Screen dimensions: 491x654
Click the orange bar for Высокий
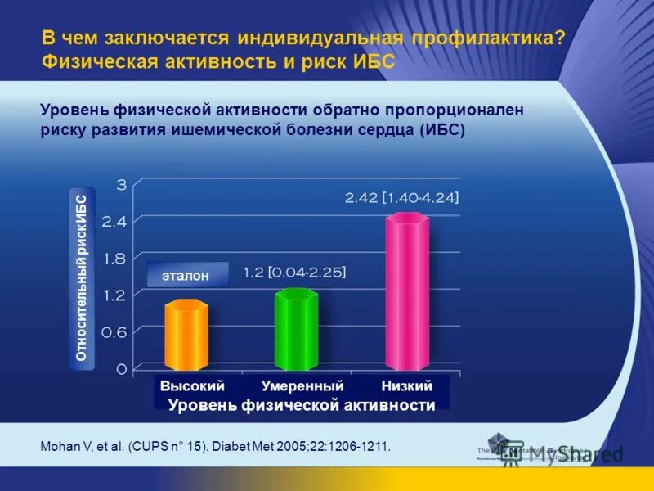[186, 336]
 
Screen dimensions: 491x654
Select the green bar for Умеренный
[296, 330]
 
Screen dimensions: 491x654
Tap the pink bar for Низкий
[406, 291]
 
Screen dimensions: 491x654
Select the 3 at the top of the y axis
[121, 184]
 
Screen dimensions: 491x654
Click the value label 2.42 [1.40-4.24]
[401, 197]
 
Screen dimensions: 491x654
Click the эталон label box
[185, 276]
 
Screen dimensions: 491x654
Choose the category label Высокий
[192, 386]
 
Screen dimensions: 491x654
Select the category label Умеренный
[302, 386]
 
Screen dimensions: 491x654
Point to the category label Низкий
[406, 386]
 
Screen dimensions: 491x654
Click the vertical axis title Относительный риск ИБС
[82, 279]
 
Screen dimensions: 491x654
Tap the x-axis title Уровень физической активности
[302, 405]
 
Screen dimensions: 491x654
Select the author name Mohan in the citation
[58, 447]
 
